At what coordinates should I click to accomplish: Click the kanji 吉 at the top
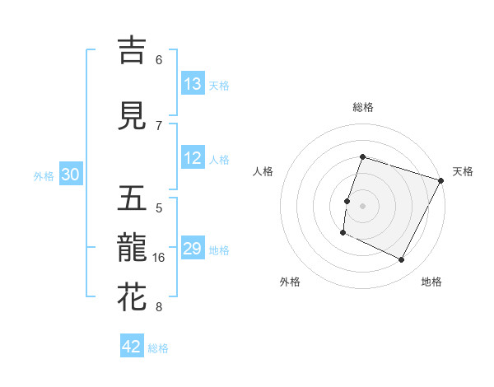click(133, 50)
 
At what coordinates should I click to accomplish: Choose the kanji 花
click(133, 298)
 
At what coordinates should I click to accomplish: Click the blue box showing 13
click(193, 84)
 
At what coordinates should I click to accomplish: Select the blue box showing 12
click(193, 159)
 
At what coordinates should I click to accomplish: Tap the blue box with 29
click(193, 249)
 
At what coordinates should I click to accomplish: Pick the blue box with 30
click(71, 175)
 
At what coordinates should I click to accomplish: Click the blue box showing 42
click(132, 347)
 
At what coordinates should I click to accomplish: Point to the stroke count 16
click(160, 258)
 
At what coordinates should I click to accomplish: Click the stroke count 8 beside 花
click(159, 308)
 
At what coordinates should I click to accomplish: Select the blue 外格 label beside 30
click(44, 176)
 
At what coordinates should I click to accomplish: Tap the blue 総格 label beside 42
click(158, 348)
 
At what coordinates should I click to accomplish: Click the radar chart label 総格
click(362, 107)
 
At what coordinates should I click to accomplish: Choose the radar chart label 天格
click(463, 171)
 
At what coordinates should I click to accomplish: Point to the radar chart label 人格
click(263, 171)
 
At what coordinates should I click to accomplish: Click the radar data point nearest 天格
click(441, 180)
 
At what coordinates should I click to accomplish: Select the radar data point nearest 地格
click(402, 260)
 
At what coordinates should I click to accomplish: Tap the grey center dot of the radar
click(362, 206)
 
